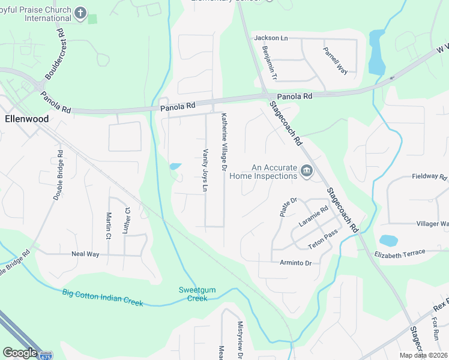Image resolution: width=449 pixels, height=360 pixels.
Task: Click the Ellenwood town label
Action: (26, 119)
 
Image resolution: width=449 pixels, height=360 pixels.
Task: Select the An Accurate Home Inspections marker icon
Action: (307, 172)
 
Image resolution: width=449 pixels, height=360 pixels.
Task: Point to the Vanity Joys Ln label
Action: (205, 171)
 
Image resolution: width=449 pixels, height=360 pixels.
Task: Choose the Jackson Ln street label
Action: (271, 38)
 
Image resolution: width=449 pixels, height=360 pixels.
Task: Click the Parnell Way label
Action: (335, 61)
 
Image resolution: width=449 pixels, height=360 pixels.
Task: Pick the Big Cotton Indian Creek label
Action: (103, 298)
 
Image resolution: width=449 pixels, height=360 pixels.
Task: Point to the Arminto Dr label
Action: (296, 263)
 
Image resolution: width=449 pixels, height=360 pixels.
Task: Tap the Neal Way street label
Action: (85, 254)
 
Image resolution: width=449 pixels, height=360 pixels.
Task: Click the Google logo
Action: (20, 353)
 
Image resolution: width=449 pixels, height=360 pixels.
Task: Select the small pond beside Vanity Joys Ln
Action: (175, 166)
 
